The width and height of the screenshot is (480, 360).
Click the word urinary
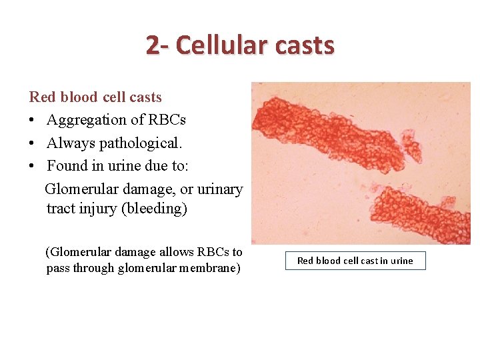(x=217, y=189)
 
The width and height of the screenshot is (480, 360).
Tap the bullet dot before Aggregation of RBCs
(x=33, y=121)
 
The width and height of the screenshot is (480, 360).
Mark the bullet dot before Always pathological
(x=33, y=143)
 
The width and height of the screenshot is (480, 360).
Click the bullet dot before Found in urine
(x=33, y=166)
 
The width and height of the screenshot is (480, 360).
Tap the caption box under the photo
(x=355, y=261)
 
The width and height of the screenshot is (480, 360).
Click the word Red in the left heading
(x=42, y=97)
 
